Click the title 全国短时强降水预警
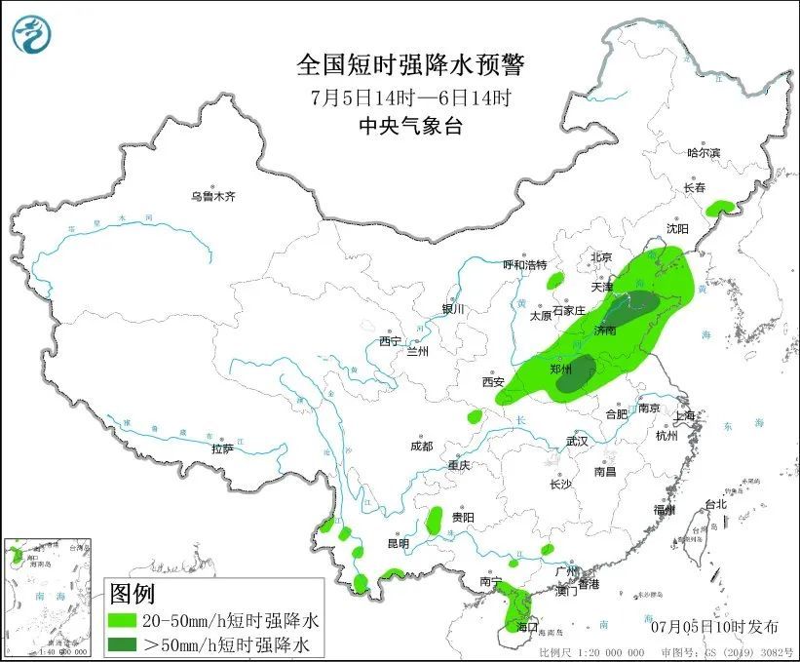(410, 65)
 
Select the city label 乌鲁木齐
(213, 196)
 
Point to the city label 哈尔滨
(704, 152)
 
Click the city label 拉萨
(222, 448)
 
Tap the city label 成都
(421, 446)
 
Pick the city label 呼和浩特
(525, 264)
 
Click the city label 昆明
(399, 542)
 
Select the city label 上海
(686, 416)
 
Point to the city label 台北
(715, 504)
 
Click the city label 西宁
(391, 341)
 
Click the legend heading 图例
(132, 593)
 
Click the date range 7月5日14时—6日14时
(410, 97)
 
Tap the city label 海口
(527, 625)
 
